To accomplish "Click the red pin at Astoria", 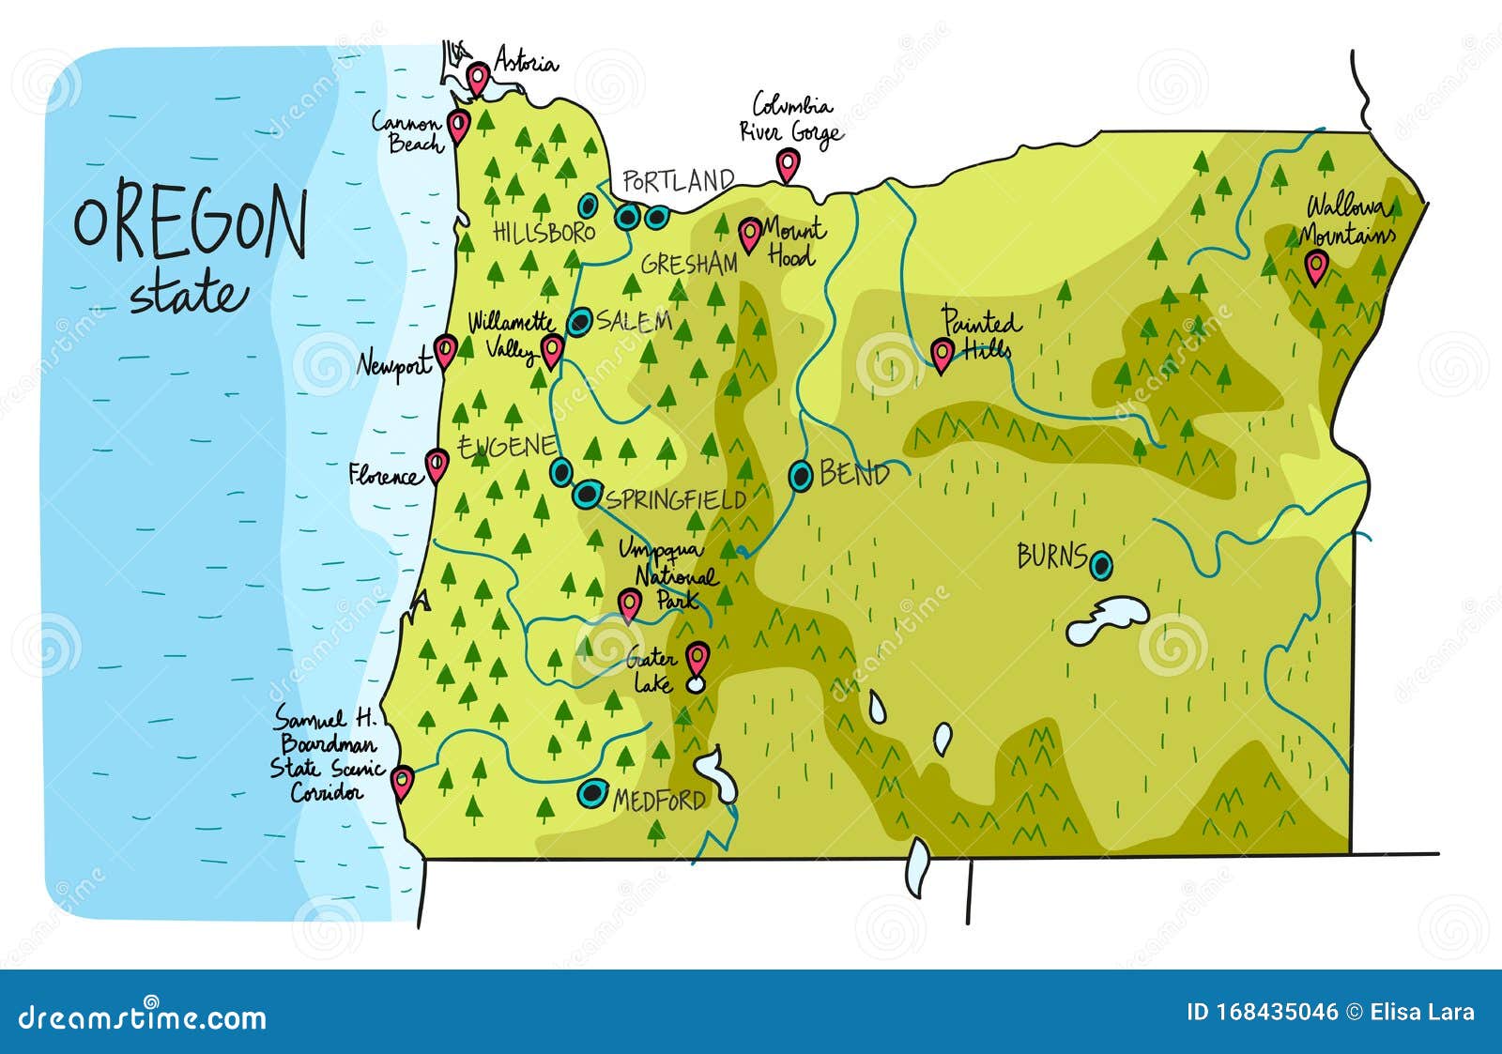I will (479, 78).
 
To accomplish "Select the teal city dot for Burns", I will (1102, 565).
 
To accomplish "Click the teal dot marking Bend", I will (801, 477).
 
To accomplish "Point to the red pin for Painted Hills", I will (942, 354).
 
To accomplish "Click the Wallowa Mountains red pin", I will (1317, 267).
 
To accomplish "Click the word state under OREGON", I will (188, 295).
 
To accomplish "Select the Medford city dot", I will (591, 794).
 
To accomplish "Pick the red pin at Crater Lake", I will (697, 659).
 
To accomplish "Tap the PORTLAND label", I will (678, 181).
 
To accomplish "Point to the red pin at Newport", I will (445, 351).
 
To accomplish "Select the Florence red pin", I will (437, 464).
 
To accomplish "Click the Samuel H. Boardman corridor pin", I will (403, 780).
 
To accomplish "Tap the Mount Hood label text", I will (792, 241).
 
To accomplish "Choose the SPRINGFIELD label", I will (676, 499).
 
